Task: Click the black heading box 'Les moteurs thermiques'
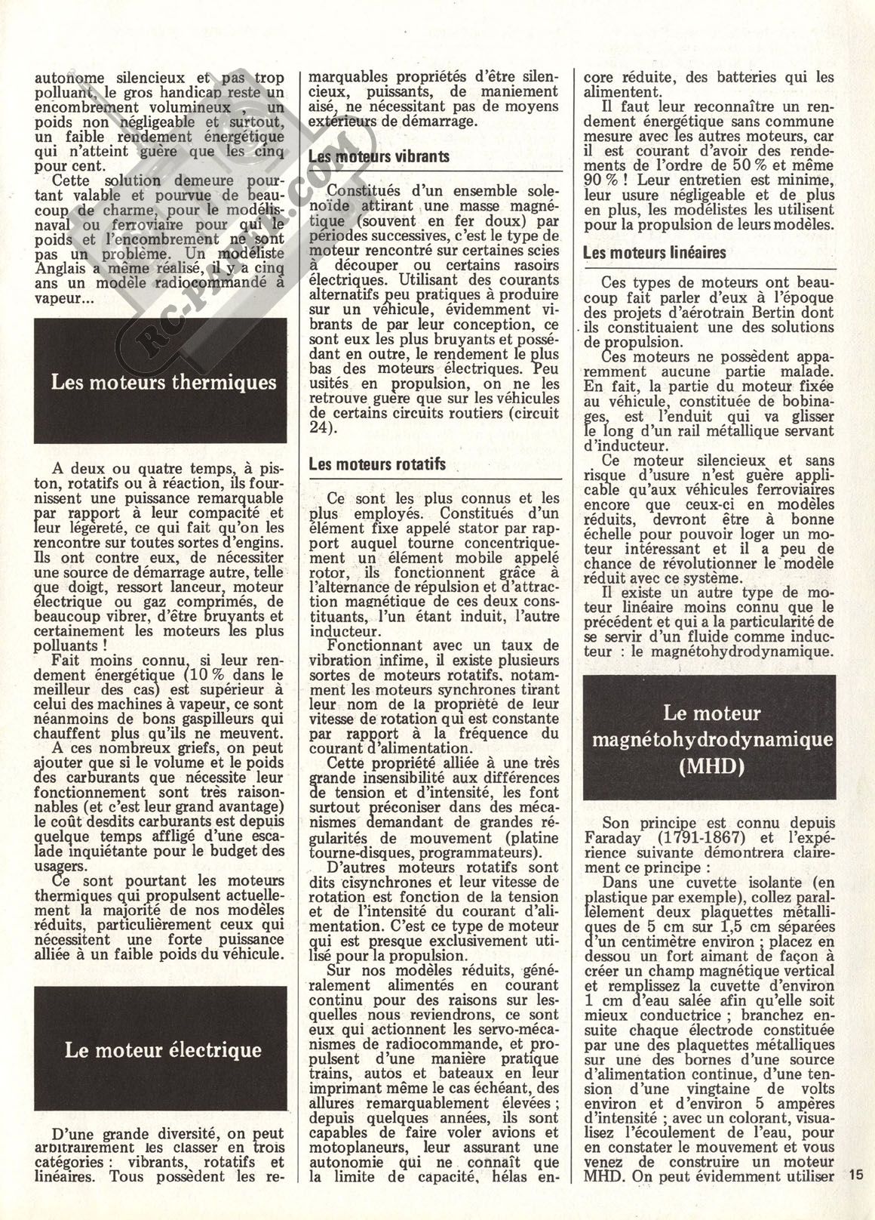click(163, 381)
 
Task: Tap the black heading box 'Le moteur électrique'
click(163, 1049)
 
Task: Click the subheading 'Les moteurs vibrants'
click(379, 157)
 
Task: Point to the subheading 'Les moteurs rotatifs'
click(377, 464)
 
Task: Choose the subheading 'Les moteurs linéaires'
click(655, 253)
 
